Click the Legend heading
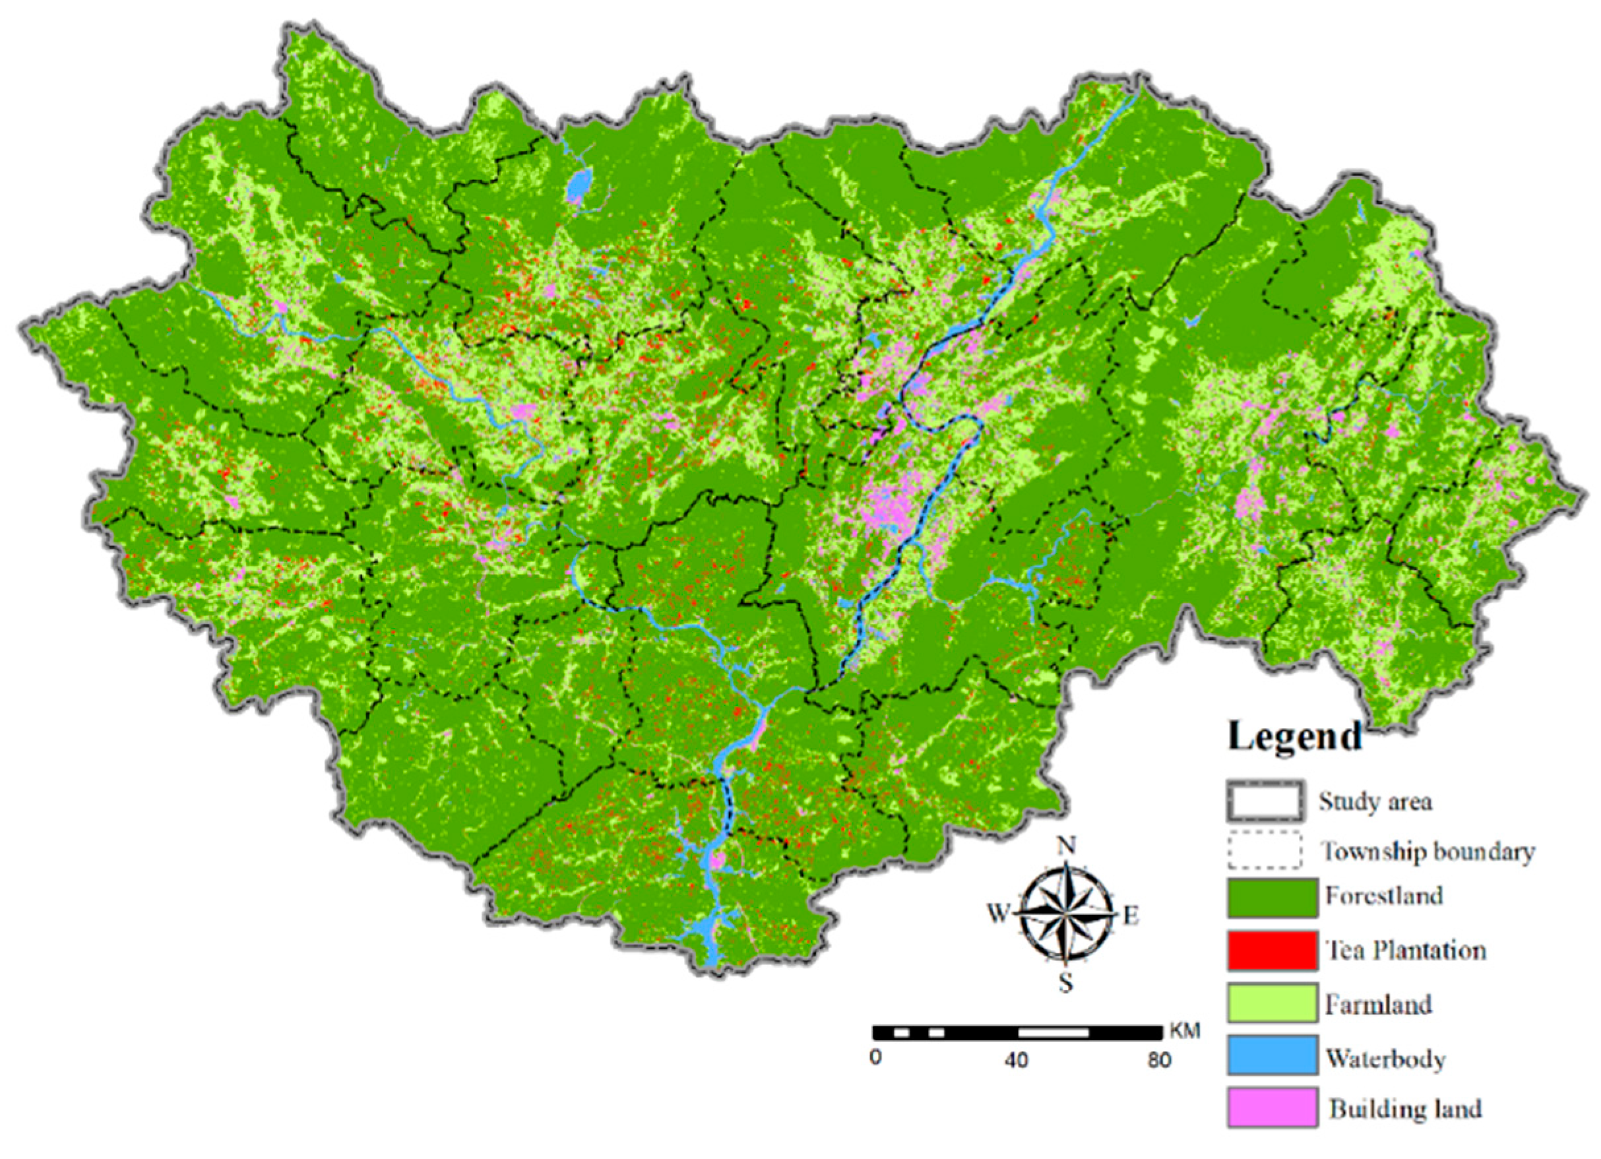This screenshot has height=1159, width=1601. click(x=1295, y=736)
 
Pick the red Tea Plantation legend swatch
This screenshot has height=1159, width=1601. click(x=1272, y=950)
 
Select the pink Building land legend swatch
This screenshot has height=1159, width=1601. click(x=1272, y=1107)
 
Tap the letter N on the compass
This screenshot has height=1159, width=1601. click(x=1067, y=845)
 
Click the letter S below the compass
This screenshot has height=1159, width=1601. click(x=1066, y=982)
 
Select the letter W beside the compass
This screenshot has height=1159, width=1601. click(x=998, y=915)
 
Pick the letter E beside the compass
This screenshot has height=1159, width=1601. click(x=1131, y=916)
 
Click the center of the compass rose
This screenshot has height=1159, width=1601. click(x=1066, y=915)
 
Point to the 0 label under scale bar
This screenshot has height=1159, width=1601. click(x=875, y=1059)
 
